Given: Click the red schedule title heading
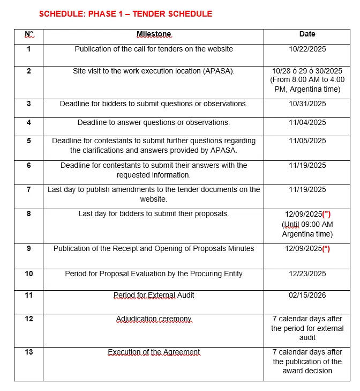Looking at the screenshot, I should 125,13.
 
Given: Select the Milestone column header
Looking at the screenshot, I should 154,34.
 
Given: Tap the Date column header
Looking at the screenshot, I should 307,34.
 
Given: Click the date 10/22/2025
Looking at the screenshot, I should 307,49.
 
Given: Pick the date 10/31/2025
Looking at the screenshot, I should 307,104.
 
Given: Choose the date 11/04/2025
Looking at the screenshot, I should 307,122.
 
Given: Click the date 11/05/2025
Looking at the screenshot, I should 307,141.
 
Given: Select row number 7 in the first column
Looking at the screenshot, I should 29,189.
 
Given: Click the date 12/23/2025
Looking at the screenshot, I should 307,274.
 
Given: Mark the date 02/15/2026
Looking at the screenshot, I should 307,295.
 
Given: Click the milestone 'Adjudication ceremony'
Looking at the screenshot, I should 154,319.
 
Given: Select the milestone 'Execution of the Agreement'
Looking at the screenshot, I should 154,352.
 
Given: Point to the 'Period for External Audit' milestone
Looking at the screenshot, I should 154,295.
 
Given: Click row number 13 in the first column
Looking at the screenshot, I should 29,352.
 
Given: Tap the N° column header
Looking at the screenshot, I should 29,34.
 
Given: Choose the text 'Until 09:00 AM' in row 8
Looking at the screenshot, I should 307,224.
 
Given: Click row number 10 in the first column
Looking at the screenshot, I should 29,274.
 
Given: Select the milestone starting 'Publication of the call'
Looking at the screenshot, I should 154,49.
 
